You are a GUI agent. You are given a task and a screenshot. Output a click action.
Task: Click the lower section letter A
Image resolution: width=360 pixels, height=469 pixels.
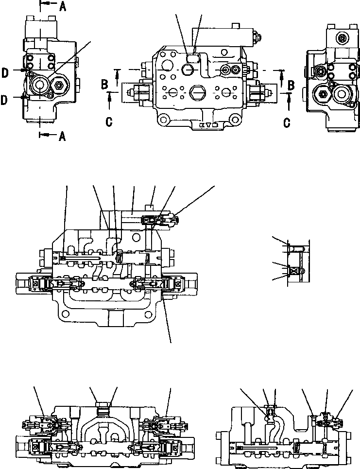coord(62,137)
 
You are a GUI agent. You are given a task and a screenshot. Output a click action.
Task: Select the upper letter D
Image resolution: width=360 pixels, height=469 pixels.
coord(4,73)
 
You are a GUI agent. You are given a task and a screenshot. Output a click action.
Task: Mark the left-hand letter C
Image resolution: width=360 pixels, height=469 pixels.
coord(109,122)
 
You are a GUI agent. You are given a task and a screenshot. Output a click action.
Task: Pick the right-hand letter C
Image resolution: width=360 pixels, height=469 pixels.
coord(287,122)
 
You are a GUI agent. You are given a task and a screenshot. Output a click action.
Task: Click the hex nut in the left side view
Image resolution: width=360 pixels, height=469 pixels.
coord(60,86)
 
